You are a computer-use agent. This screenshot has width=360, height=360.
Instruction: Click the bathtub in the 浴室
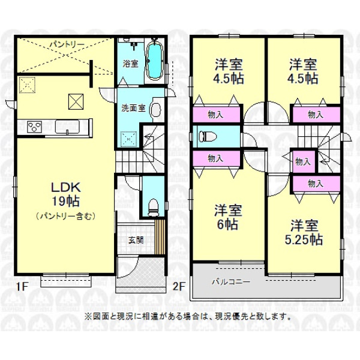pos(155,61)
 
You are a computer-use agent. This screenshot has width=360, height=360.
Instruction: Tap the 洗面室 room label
pos(133,108)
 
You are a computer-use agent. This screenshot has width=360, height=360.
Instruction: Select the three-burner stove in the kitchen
pos(34,127)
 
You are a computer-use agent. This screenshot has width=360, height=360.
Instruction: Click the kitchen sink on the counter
pos(67,127)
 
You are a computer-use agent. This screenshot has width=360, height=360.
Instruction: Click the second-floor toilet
pos(208,136)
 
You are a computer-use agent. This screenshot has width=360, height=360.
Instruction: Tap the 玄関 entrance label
pos(136,241)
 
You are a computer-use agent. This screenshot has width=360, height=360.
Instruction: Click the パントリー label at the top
pos(65,44)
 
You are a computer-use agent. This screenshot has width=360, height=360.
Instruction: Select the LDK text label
pos(65,187)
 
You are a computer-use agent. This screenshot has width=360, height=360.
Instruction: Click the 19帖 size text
pos(65,201)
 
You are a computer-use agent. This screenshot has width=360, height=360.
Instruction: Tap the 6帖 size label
pos(227,224)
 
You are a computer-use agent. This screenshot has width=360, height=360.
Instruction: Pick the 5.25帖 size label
pos(304,239)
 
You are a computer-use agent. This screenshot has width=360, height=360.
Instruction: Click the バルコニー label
pos(231,281)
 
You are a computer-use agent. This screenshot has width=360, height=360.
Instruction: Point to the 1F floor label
pos(22,286)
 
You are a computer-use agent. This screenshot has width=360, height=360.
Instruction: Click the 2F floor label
pos(179,286)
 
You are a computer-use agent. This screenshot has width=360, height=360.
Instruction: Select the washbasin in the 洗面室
pos(156,110)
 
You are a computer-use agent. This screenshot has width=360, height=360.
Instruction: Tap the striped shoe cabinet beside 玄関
pos(160,237)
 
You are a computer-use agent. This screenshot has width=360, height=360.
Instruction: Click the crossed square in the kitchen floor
pos(76,102)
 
